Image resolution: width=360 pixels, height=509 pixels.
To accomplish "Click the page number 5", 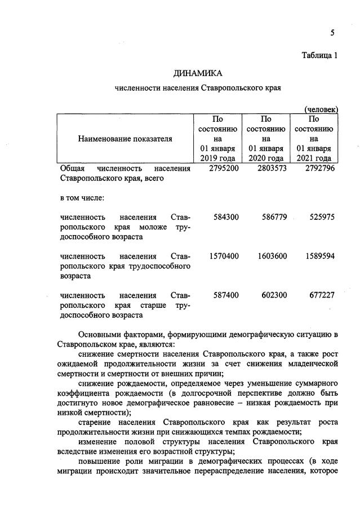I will pos(332,33).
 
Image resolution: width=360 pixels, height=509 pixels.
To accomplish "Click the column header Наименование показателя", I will pos(125,139).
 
